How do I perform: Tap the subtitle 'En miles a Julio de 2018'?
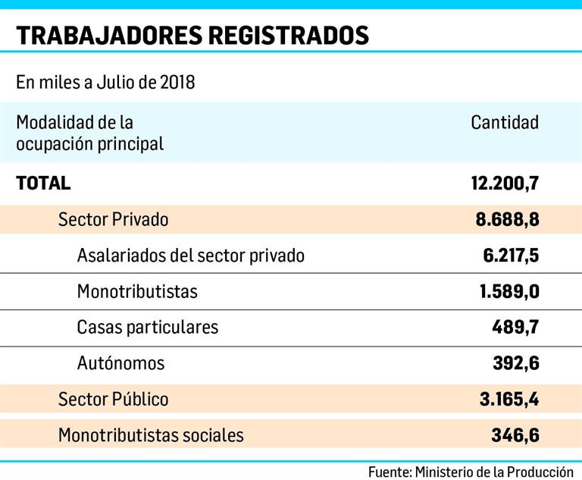click(105, 82)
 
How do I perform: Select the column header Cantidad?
click(505, 122)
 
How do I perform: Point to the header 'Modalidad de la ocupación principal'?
click(89, 133)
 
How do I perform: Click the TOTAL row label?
click(43, 183)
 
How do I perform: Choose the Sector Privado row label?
click(113, 220)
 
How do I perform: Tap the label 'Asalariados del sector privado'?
click(190, 256)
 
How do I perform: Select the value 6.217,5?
click(510, 256)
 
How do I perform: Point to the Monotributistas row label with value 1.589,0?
click(137, 291)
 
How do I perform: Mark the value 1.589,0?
click(509, 291)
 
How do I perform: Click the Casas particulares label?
click(147, 327)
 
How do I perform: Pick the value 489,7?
click(515, 327)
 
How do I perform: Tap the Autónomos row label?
click(120, 363)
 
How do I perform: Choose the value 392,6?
click(515, 363)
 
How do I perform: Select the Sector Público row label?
click(113, 399)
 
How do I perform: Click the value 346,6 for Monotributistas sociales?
click(515, 435)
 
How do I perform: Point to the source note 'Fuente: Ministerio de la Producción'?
click(471, 471)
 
